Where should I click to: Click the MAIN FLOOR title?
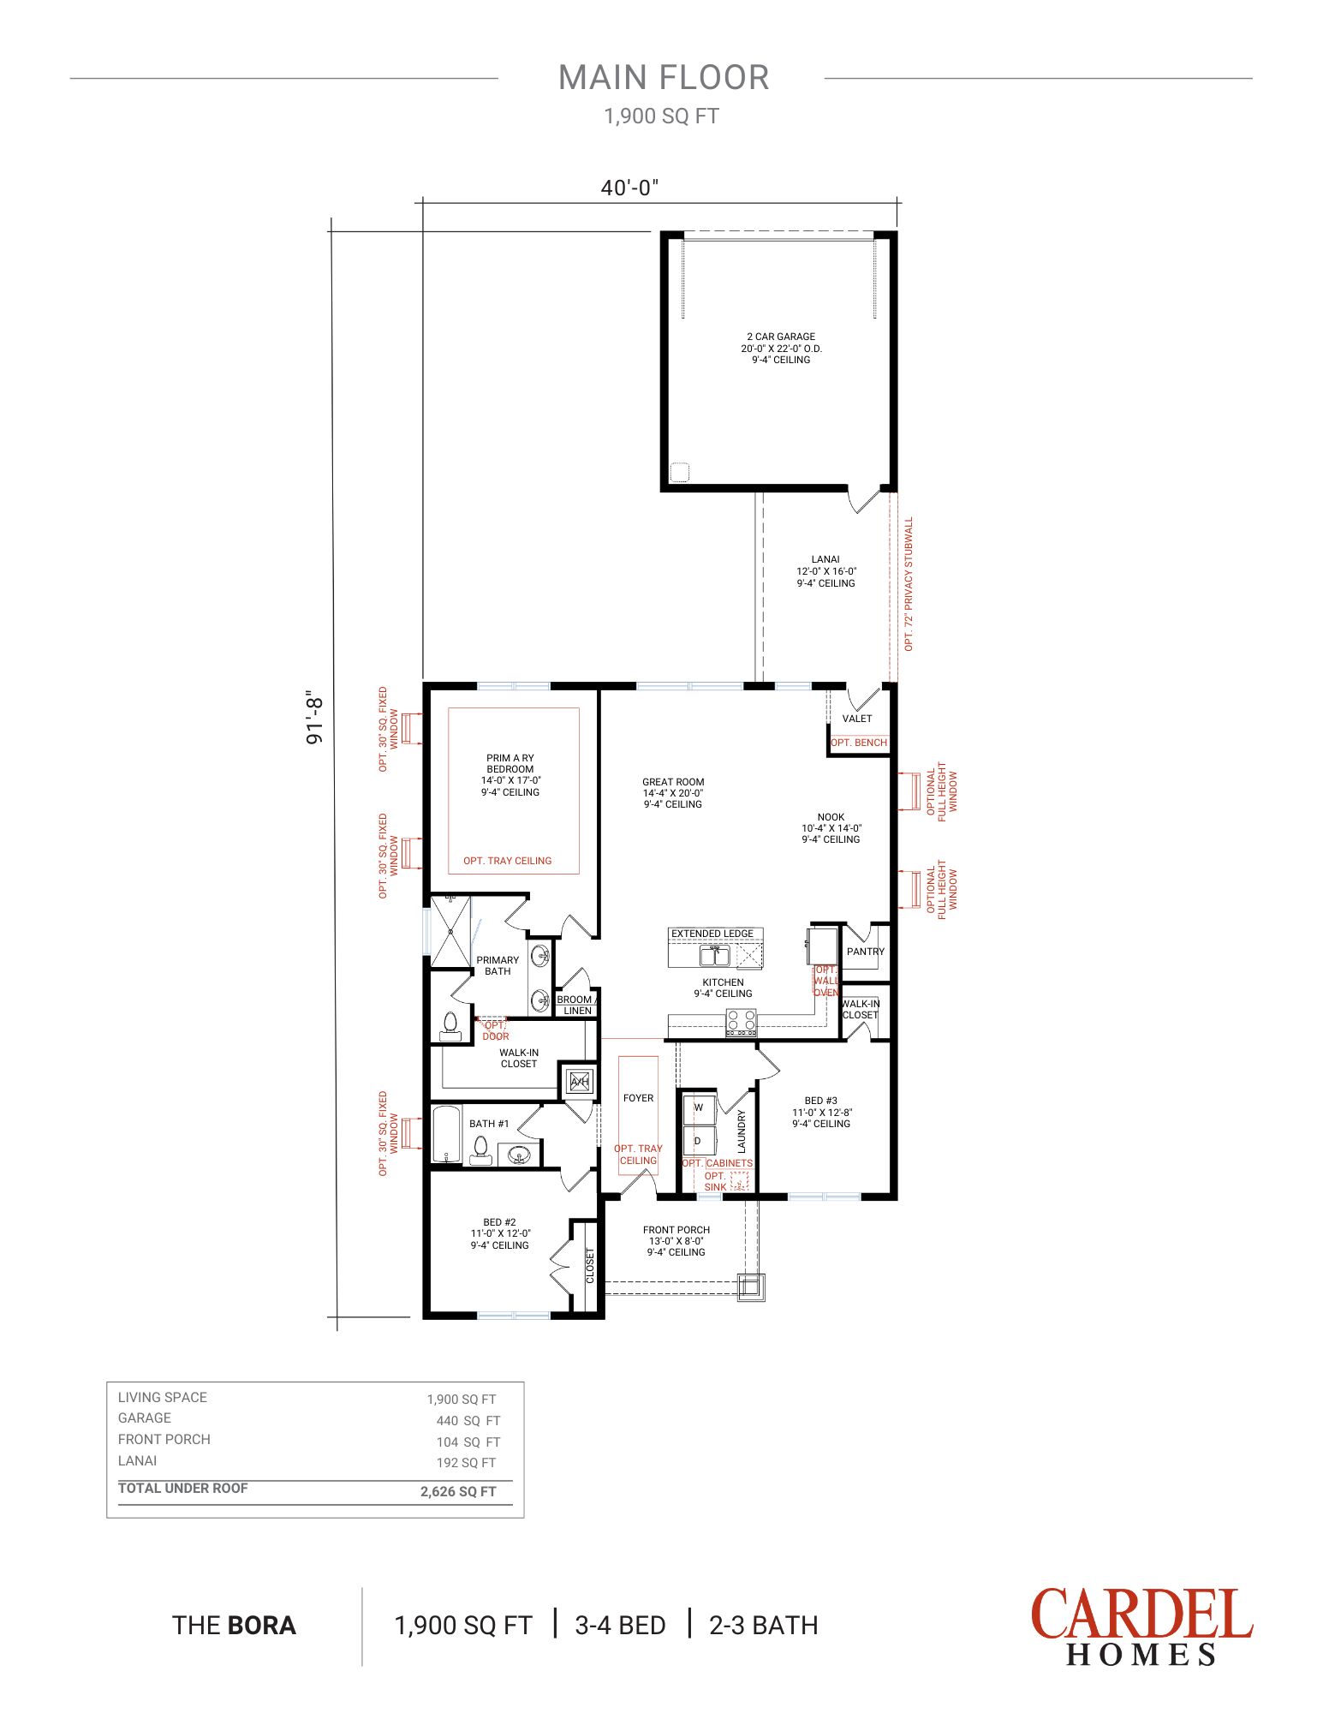tap(664, 77)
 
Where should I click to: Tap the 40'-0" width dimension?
tap(629, 188)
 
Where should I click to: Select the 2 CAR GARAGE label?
tap(781, 337)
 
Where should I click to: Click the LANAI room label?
tap(825, 559)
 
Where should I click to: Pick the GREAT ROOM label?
tap(673, 782)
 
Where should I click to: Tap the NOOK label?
tap(831, 817)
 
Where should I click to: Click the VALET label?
tap(857, 719)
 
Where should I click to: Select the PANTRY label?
tap(866, 952)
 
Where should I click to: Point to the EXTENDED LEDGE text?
tap(712, 934)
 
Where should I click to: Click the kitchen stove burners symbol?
tap(742, 1022)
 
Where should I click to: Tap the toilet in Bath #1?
tap(480, 1150)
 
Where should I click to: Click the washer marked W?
tap(699, 1107)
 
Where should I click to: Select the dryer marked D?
tap(699, 1141)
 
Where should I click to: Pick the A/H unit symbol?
tap(580, 1082)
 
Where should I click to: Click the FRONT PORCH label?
tap(676, 1230)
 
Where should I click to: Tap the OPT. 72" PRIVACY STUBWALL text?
tap(909, 583)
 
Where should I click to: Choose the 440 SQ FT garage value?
tap(468, 1420)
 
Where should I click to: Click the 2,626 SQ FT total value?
tap(458, 1491)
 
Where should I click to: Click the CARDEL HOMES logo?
tap(1141, 1626)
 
